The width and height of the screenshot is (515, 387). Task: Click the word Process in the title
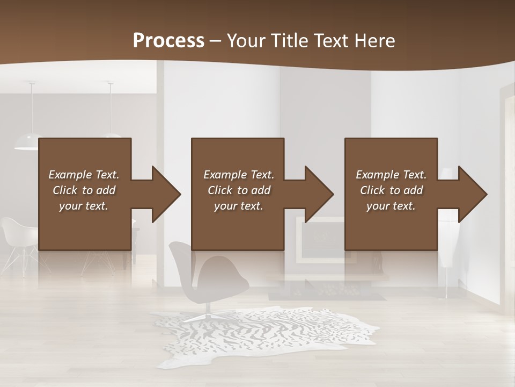click(x=168, y=40)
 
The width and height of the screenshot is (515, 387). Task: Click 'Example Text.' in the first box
click(x=84, y=175)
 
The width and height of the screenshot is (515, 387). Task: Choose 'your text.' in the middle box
click(x=238, y=206)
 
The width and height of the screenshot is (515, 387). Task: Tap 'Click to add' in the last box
click(x=391, y=190)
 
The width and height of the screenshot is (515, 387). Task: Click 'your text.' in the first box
click(x=84, y=206)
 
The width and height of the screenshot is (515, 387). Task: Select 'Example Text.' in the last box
click(x=391, y=175)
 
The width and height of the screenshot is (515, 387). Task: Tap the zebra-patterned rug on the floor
click(x=263, y=336)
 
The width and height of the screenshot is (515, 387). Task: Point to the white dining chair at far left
click(x=19, y=236)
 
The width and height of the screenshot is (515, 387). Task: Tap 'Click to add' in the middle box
click(x=238, y=190)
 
